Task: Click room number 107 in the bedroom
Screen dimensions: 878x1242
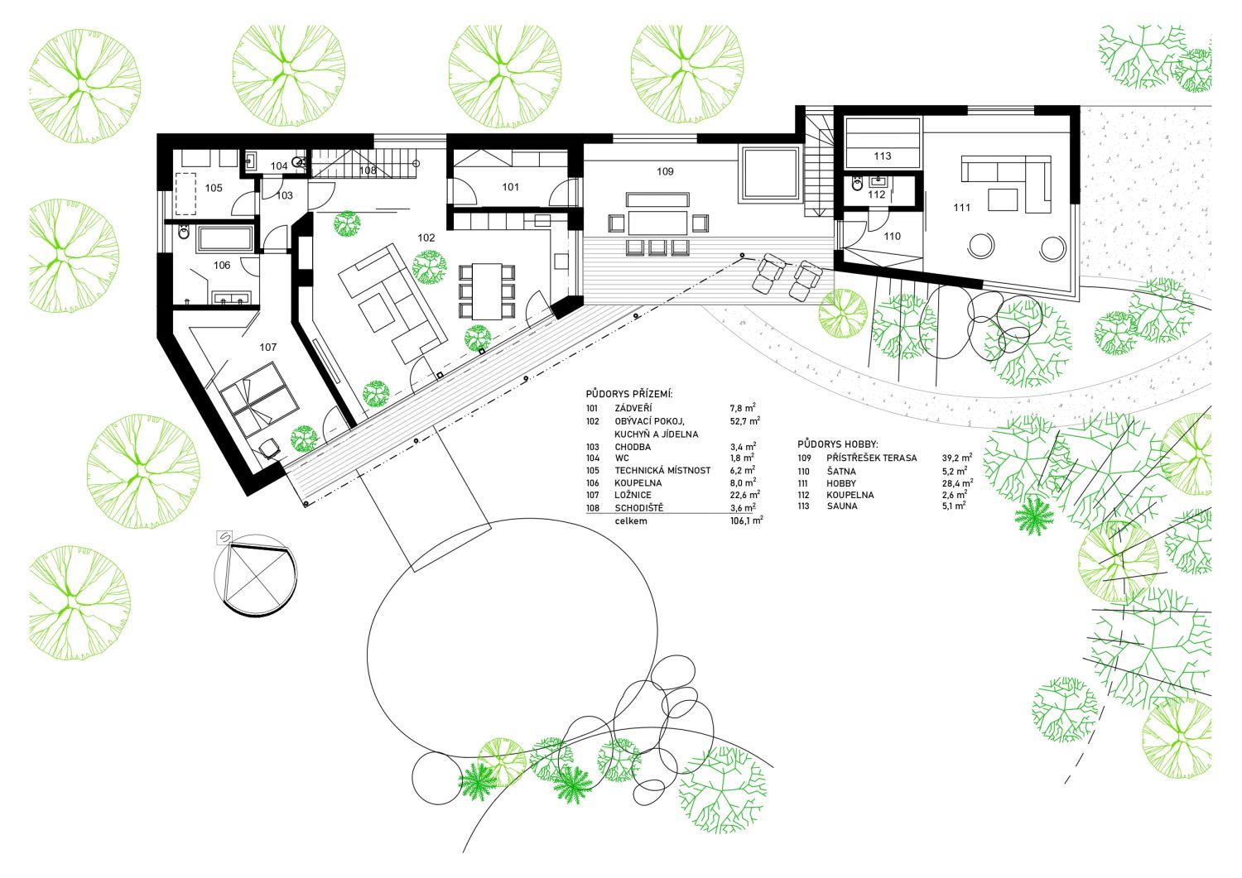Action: pyautogui.click(x=267, y=348)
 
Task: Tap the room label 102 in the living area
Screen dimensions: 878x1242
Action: pyautogui.click(x=426, y=237)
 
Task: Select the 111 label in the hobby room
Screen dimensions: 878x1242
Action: pyautogui.click(x=961, y=208)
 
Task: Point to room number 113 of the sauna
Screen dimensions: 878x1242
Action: pyautogui.click(x=882, y=156)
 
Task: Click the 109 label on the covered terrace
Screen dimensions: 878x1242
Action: pyautogui.click(x=665, y=172)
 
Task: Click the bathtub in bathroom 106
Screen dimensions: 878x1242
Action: pyautogui.click(x=225, y=240)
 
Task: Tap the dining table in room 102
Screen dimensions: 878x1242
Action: pyautogui.click(x=486, y=290)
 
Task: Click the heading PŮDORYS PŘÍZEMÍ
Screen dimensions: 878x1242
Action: pyautogui.click(x=628, y=393)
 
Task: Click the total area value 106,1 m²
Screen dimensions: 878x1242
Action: pyautogui.click(x=745, y=521)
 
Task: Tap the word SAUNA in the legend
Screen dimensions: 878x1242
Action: pyautogui.click(x=841, y=506)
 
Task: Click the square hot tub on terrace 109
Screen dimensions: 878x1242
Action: pyautogui.click(x=770, y=175)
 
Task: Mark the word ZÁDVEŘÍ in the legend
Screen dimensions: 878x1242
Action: pyautogui.click(x=634, y=409)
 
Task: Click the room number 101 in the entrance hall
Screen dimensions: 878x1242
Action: pyautogui.click(x=510, y=187)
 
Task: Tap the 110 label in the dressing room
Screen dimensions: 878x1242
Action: pyautogui.click(x=892, y=237)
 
